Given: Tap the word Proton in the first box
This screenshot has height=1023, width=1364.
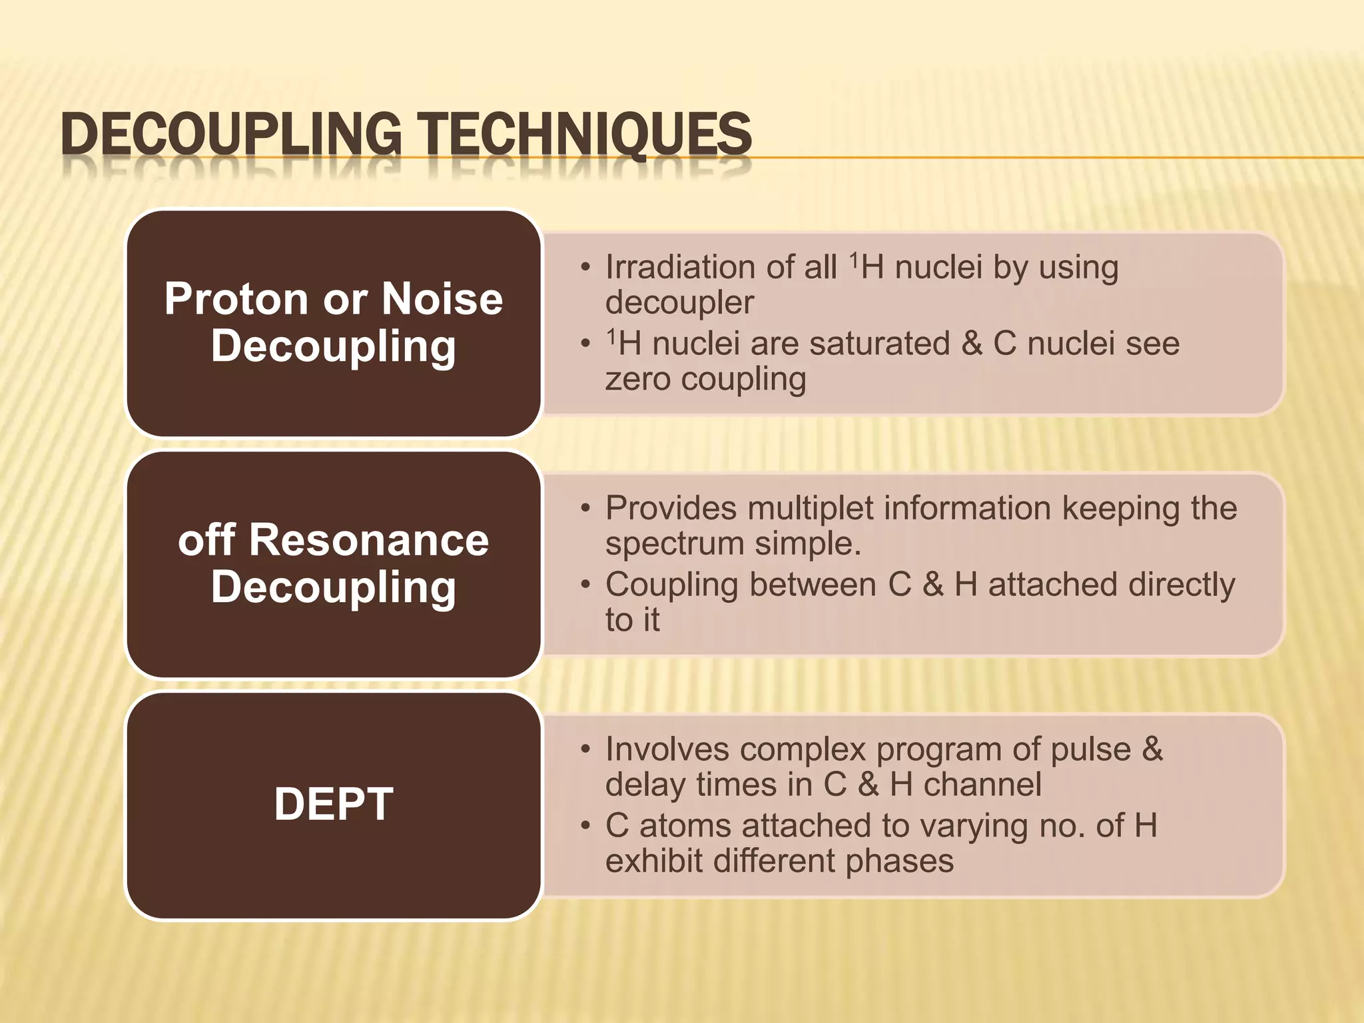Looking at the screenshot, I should pyautogui.click(x=236, y=299).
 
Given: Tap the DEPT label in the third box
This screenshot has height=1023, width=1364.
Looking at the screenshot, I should pyautogui.click(x=334, y=805).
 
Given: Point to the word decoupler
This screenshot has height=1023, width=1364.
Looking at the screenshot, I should pyautogui.click(x=679, y=303).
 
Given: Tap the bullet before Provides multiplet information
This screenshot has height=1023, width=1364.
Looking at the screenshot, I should pyautogui.click(x=585, y=510).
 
